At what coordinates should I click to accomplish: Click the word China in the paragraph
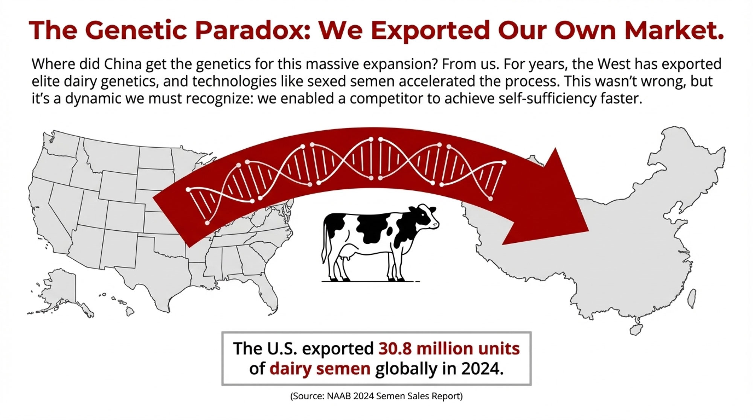123,64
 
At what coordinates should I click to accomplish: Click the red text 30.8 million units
449,348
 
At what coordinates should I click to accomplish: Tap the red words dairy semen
320,368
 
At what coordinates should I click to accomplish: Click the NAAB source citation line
376,396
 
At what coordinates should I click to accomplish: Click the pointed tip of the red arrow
589,231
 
